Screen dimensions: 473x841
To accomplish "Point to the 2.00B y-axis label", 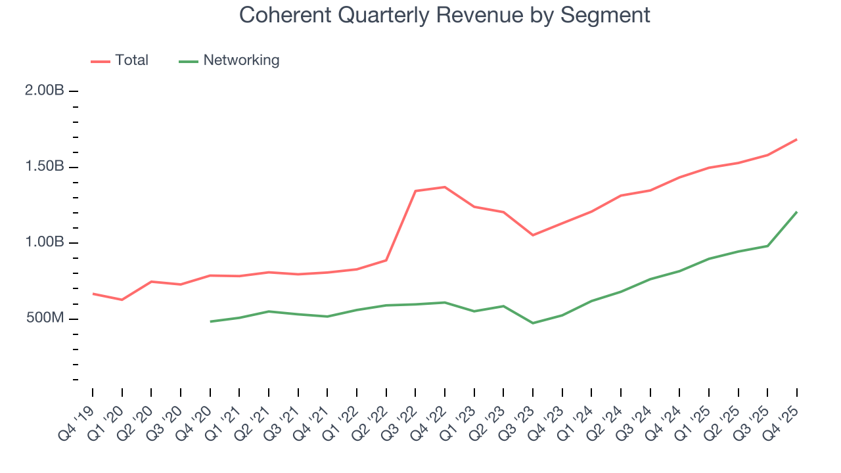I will point(45,91).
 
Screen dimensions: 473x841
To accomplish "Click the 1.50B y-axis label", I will point(45,167).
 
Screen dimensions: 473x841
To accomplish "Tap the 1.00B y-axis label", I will point(45,243).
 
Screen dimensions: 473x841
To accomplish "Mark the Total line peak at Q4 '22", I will point(445,187).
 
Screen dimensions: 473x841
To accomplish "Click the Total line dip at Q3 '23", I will point(533,235).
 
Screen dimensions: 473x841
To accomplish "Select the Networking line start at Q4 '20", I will point(210,321).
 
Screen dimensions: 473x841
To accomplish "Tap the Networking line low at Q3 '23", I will point(533,323).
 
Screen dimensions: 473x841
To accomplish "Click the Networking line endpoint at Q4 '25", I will point(797,212).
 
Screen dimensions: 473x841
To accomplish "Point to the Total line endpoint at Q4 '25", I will point(797,139).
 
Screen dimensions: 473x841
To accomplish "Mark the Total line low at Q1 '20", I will point(122,300).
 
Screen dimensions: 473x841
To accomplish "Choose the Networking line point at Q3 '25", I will point(767,246).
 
